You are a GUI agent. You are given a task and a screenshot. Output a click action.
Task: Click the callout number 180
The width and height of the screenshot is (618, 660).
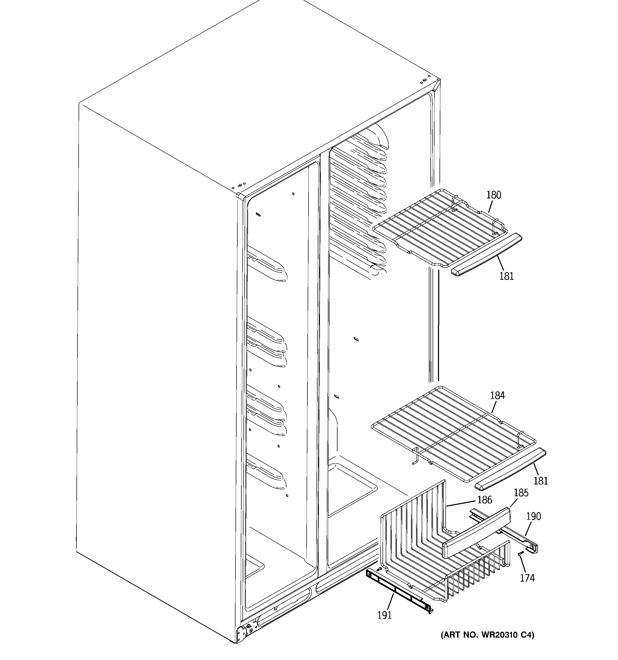(x=494, y=195)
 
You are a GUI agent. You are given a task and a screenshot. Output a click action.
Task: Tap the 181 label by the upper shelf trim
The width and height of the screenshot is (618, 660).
(x=507, y=276)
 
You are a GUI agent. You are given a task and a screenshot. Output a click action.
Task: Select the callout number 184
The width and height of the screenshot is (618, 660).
(x=497, y=395)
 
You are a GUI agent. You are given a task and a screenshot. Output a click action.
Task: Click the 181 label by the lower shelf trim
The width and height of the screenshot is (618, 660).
(x=540, y=481)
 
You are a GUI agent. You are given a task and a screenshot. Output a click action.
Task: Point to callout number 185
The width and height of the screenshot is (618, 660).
(x=521, y=493)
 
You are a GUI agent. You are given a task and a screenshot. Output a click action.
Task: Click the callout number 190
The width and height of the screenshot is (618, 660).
(x=533, y=516)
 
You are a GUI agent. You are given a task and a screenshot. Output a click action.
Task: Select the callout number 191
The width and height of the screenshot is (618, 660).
(x=384, y=615)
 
